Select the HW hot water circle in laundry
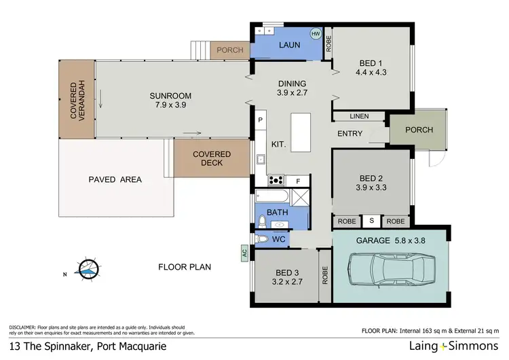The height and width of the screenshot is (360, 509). (x=316, y=33)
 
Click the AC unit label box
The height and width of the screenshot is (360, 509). (x=243, y=253)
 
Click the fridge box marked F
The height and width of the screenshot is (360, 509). (x=297, y=181)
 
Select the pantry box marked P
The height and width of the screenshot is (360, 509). (x=260, y=120)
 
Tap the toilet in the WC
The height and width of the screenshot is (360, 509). (x=263, y=238)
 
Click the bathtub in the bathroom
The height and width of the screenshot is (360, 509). (x=273, y=198)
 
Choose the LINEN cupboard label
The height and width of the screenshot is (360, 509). (x=360, y=117)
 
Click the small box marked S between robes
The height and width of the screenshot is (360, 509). (x=371, y=221)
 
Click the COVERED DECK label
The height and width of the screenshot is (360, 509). (x=212, y=159)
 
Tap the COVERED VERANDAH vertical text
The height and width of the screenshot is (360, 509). (x=75, y=100)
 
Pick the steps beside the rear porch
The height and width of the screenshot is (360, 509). (x=198, y=50)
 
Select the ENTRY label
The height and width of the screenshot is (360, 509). (x=350, y=134)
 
